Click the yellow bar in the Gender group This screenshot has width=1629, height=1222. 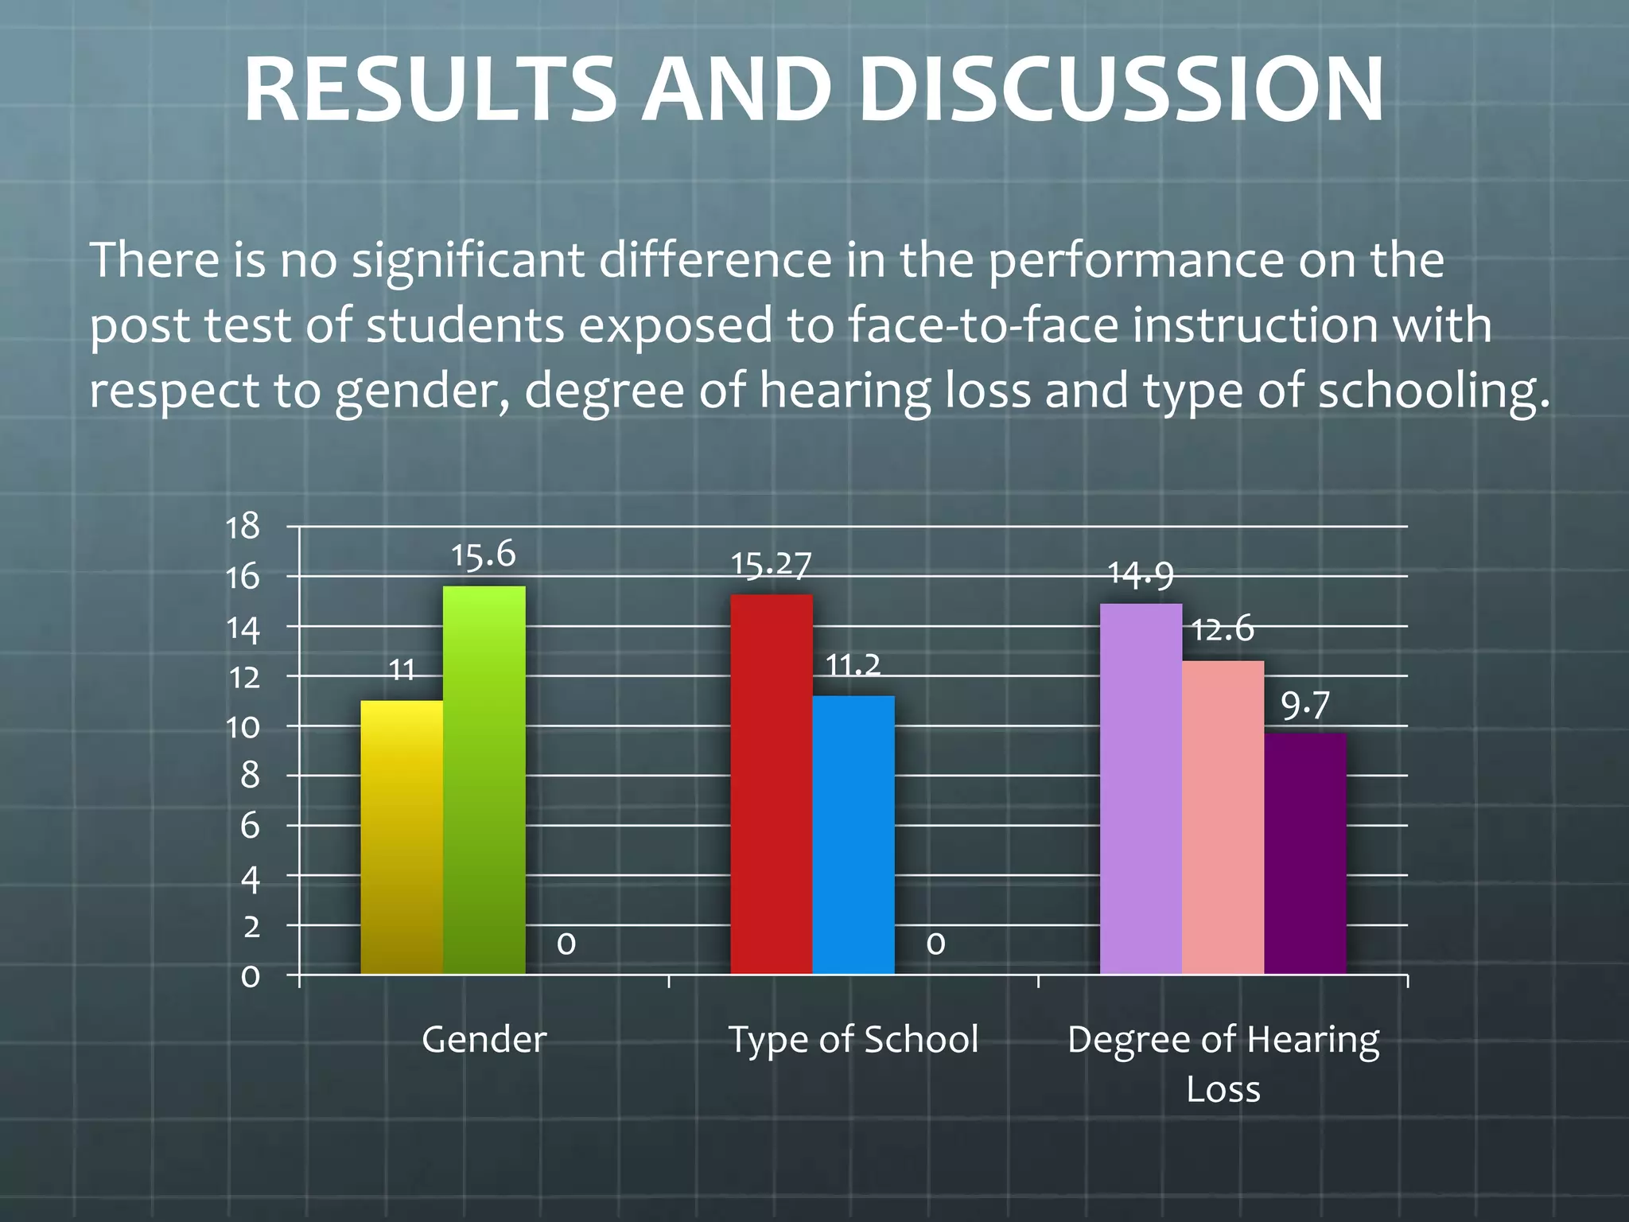coord(402,837)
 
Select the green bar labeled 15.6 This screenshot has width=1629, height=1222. coord(484,780)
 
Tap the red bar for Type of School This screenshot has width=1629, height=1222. coord(771,784)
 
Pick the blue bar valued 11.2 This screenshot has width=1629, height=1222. coord(853,835)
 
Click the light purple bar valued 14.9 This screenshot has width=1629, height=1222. coord(1141,788)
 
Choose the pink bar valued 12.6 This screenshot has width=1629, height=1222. coord(1223,817)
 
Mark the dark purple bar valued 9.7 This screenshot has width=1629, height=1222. coord(1304,853)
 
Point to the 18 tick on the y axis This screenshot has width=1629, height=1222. coord(243,527)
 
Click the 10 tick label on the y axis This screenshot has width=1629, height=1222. coord(243,726)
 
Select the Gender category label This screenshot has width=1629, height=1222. coord(484,1039)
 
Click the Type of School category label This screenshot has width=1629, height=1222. coord(853,1039)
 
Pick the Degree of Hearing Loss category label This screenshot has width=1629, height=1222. coord(1223,1063)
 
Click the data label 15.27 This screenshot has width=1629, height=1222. coord(771,565)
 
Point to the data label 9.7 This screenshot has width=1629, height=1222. coord(1304,705)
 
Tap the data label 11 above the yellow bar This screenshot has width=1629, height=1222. coord(402,671)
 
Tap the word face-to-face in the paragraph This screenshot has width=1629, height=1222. coord(983,325)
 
